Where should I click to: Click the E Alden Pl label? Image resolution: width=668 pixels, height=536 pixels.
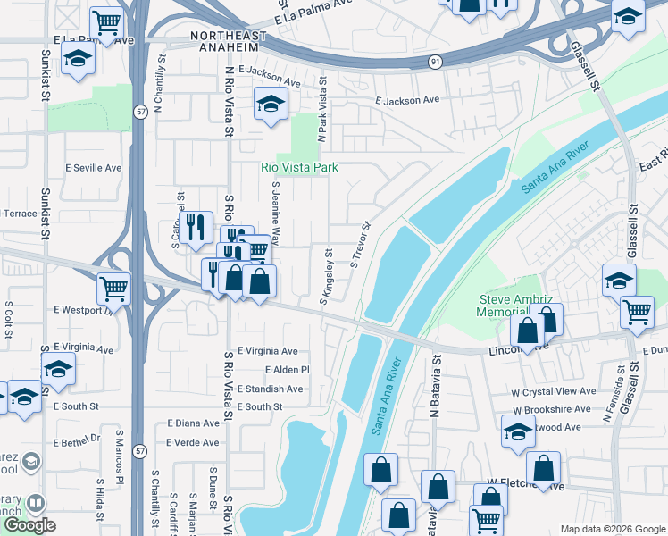pyautogui.click(x=286, y=370)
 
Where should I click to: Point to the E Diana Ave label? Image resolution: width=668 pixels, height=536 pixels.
pyautogui.click(x=192, y=423)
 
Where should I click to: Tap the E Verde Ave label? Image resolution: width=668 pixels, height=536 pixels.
pyautogui.click(x=192, y=442)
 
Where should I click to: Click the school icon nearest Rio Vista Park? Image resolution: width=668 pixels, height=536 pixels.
pyautogui.click(x=271, y=104)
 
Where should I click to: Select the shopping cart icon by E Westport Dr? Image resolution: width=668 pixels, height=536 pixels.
pyautogui.click(x=113, y=288)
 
